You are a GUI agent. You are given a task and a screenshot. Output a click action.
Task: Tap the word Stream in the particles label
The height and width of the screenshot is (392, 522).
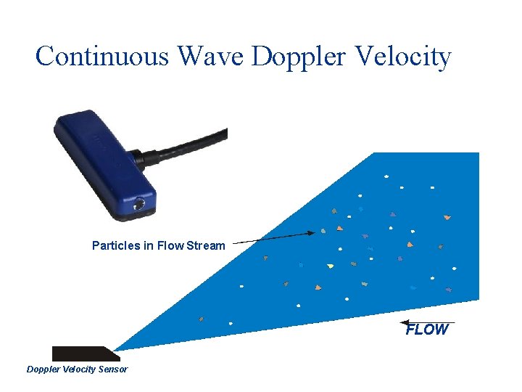coord(206,245)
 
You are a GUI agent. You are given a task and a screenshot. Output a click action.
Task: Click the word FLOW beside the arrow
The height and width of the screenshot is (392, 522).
coord(427,330)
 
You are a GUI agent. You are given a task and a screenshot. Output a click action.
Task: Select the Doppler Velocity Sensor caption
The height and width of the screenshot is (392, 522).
coord(77,369)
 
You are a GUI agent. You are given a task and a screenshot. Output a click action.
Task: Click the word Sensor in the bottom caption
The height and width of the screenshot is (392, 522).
coord(112,369)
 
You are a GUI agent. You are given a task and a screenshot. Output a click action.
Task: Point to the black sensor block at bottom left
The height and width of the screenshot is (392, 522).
coord(83,354)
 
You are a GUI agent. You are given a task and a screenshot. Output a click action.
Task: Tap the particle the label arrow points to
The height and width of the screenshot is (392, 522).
coord(323,232)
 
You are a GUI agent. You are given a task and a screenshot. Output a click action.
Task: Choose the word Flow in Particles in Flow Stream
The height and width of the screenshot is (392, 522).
coord(171,245)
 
